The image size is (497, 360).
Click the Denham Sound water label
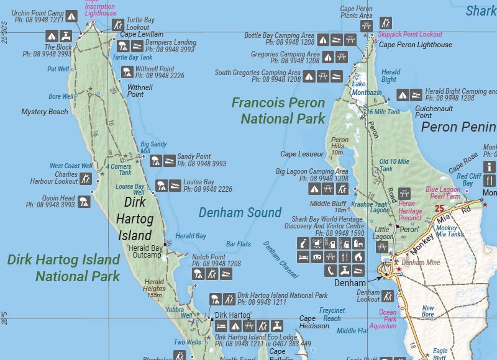[x=240, y=213]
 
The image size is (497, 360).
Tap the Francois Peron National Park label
[x=278, y=110]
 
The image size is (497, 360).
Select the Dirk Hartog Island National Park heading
[x=63, y=268]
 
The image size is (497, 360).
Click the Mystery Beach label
[x=45, y=112]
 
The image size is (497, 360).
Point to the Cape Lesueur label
[x=302, y=154]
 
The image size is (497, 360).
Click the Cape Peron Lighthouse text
[x=416, y=45]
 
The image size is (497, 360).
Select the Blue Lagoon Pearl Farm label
[x=444, y=192]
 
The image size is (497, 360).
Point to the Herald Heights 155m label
[x=154, y=289]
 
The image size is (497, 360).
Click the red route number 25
[x=440, y=209]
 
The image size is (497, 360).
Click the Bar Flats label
[x=239, y=244]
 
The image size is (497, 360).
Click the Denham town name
[x=347, y=282]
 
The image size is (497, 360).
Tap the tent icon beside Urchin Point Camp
[x=71, y=16]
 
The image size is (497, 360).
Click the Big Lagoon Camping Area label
[x=312, y=171]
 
